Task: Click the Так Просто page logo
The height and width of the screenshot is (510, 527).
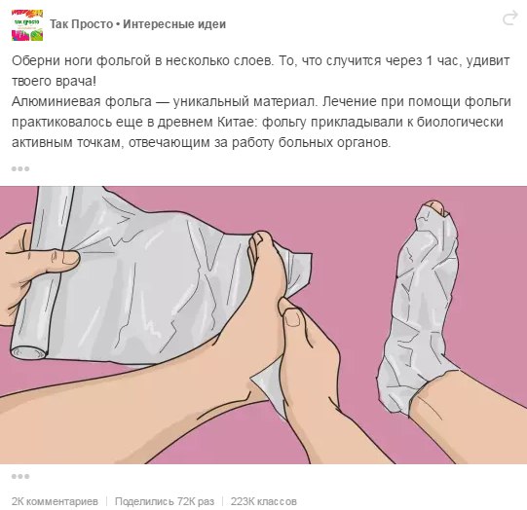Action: pyautogui.click(x=27, y=25)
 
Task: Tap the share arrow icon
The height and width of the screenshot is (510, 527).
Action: pyautogui.click(x=509, y=18)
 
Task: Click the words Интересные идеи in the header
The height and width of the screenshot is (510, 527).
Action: pyautogui.click(x=174, y=24)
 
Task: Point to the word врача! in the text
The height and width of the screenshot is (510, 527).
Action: pyautogui.click(x=75, y=82)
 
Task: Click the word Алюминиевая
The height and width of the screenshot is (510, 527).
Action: pyautogui.click(x=56, y=102)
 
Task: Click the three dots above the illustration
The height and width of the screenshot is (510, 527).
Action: pyautogui.click(x=20, y=168)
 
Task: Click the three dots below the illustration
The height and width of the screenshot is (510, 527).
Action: pyautogui.click(x=20, y=476)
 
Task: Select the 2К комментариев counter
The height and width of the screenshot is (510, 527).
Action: pyautogui.click(x=55, y=501)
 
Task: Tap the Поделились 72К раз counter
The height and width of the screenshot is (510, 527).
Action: pyautogui.click(x=165, y=501)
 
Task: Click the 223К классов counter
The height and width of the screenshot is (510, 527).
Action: pyautogui.click(x=263, y=501)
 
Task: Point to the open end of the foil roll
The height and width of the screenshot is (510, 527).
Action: pyautogui.click(x=28, y=352)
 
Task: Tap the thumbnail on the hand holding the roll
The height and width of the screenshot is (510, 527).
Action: pyautogui.click(x=70, y=258)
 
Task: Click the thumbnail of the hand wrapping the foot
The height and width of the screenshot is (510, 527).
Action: pyautogui.click(x=293, y=317)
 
